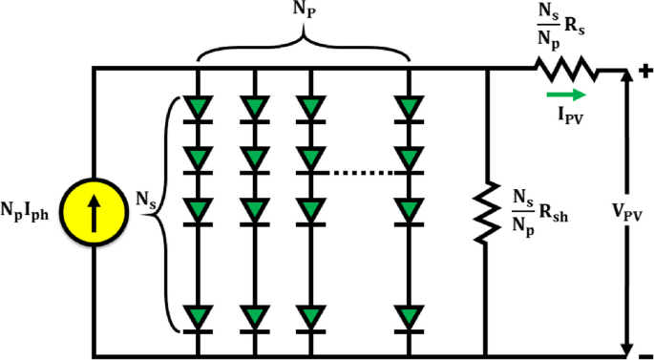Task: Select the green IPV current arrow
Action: click(x=566, y=95)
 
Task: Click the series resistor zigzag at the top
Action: click(x=565, y=69)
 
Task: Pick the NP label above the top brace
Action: click(x=304, y=13)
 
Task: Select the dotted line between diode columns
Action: click(x=355, y=173)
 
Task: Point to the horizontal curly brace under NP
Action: click(x=304, y=47)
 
